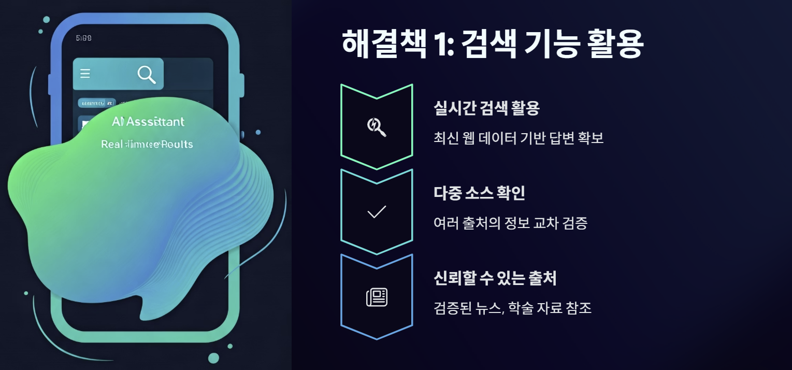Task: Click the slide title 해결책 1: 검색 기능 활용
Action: (492, 45)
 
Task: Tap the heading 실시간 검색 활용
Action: (486, 109)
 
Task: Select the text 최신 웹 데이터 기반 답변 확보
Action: (518, 139)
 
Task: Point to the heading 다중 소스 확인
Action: (479, 193)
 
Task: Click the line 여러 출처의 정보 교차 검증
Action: (510, 223)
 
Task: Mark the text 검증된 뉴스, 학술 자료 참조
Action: (512, 308)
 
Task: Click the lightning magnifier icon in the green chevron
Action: (376, 126)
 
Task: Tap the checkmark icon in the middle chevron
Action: (376, 211)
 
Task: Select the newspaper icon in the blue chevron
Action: (377, 297)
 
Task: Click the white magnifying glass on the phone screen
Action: (147, 75)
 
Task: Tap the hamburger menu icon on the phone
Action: (85, 74)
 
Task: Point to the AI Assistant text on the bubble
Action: (148, 122)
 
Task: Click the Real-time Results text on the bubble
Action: (147, 144)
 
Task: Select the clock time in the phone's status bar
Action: (83, 38)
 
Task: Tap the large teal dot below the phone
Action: (213, 358)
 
